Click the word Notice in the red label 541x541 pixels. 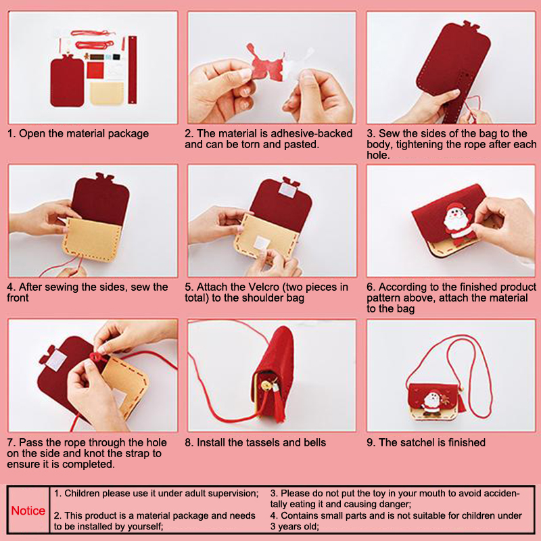click(28, 511)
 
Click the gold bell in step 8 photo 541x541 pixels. click(266, 385)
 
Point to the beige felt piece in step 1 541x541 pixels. click(107, 93)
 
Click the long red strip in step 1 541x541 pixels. click(133, 70)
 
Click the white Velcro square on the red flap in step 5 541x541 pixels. click(287, 189)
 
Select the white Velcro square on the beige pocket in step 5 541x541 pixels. click(261, 243)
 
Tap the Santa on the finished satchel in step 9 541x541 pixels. click(431, 402)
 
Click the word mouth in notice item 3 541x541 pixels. click(388, 494)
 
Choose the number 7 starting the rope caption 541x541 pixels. click(11, 442)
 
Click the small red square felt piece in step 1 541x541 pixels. click(95, 70)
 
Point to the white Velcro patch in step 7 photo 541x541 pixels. click(56, 360)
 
